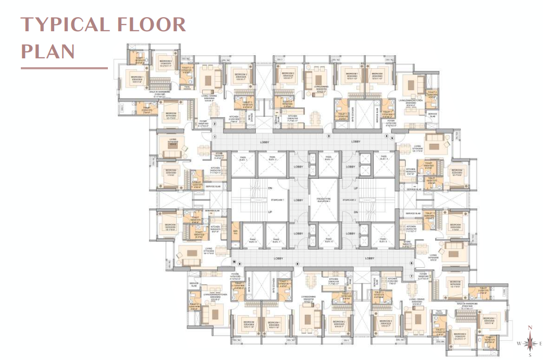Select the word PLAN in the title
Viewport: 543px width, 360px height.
(x=47, y=52)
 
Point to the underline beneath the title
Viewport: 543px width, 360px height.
(x=64, y=68)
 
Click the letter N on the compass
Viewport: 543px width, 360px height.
(x=530, y=328)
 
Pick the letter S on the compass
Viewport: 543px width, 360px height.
(x=530, y=355)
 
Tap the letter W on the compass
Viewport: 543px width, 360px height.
(x=519, y=343)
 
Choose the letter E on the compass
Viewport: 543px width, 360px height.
(x=541, y=343)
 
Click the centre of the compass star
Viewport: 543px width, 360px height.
(x=530, y=343)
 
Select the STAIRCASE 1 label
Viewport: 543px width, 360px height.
(x=277, y=200)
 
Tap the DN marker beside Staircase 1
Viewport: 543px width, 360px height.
(x=270, y=188)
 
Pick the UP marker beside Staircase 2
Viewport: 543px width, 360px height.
(x=356, y=188)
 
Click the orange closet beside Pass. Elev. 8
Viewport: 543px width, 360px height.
(x=235, y=231)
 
